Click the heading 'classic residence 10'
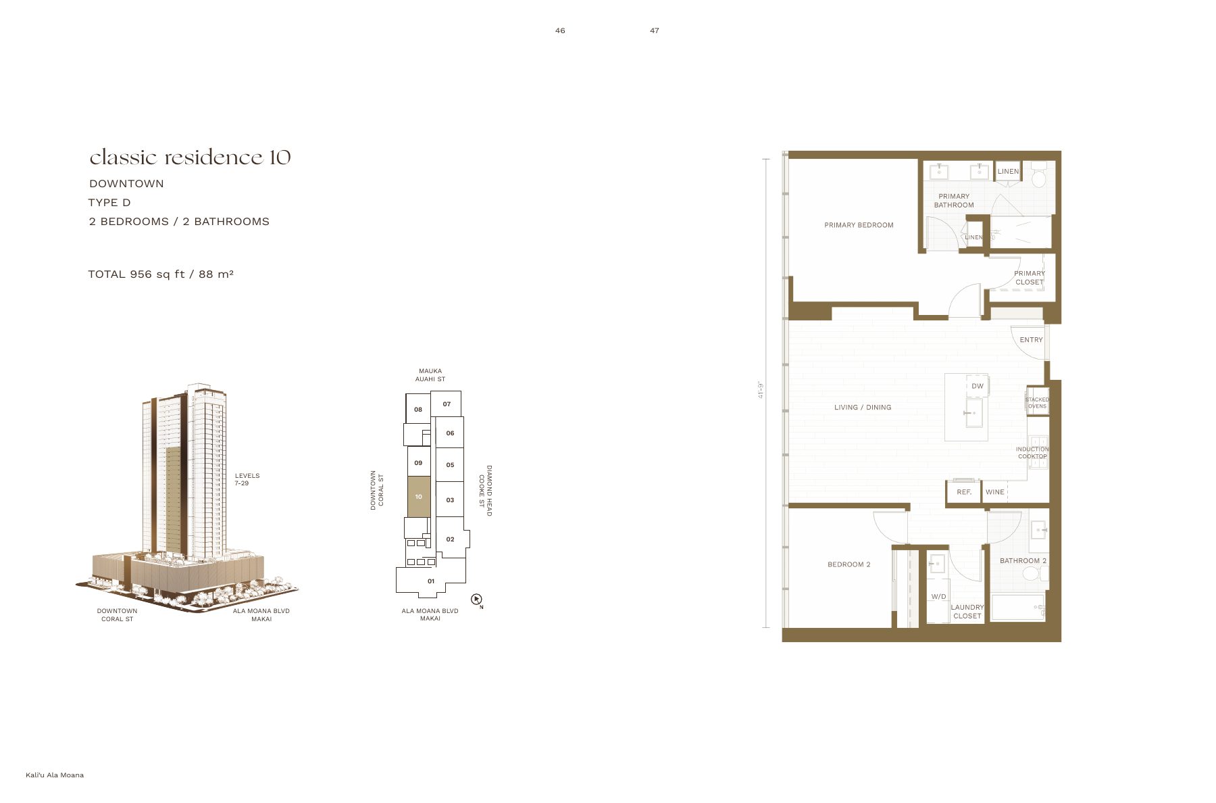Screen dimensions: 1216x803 click(x=190, y=157)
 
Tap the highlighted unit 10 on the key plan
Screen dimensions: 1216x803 click(x=419, y=497)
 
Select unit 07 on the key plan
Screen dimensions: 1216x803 click(x=447, y=404)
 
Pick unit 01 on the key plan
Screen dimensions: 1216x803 click(x=431, y=581)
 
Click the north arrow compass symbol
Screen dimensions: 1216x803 click(x=476, y=599)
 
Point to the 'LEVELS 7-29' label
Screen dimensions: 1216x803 click(x=247, y=479)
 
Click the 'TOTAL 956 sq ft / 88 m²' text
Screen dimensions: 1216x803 click(x=161, y=274)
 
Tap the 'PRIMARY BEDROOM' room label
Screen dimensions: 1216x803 click(x=859, y=225)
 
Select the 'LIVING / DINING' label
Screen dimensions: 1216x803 click(x=863, y=408)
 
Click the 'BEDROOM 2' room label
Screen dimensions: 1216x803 click(x=849, y=564)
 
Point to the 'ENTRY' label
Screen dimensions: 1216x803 click(x=1031, y=340)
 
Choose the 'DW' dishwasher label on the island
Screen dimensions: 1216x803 click(x=978, y=387)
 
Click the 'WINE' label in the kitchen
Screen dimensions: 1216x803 click(x=994, y=492)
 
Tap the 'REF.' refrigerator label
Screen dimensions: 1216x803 click(x=964, y=492)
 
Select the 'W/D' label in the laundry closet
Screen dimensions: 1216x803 click(x=938, y=597)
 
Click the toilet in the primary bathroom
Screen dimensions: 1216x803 click(x=1038, y=175)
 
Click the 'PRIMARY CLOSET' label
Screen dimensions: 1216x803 click(x=1030, y=278)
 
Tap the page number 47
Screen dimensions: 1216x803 click(x=655, y=30)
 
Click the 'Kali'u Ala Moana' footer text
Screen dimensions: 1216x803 click(x=55, y=775)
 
